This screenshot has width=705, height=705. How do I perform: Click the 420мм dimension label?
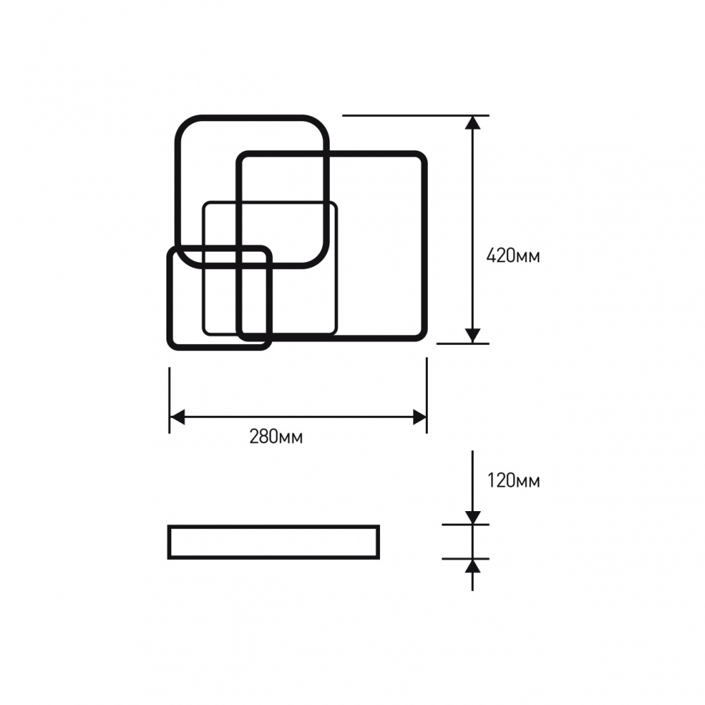click(x=513, y=256)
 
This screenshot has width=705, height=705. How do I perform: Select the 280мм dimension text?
click(x=276, y=436)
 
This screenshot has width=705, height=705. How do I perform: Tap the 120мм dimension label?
click(x=513, y=481)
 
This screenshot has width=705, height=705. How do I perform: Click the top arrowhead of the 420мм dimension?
click(x=472, y=122)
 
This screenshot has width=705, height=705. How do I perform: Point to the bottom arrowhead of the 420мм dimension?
click(x=472, y=336)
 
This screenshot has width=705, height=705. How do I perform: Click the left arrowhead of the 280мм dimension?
click(x=177, y=417)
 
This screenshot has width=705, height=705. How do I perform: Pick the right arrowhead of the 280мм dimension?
click(x=419, y=417)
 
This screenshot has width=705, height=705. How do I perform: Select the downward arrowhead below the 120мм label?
click(x=472, y=518)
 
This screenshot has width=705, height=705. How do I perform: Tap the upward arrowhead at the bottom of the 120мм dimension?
click(x=472, y=565)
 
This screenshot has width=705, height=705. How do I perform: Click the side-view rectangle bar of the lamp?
click(x=274, y=526)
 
